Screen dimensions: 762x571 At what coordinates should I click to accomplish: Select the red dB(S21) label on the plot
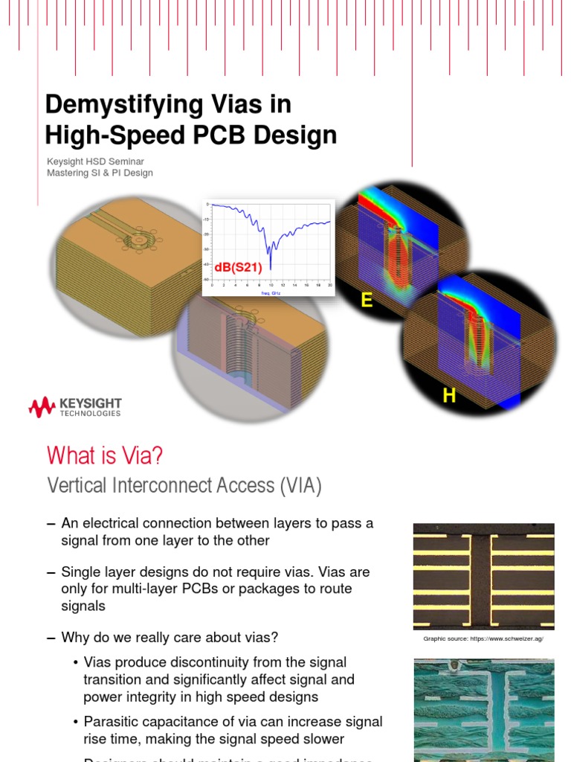(x=238, y=267)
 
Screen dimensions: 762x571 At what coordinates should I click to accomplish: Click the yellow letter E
(x=367, y=300)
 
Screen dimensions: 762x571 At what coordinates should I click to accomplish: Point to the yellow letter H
(x=449, y=396)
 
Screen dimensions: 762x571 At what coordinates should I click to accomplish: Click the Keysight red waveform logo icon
(x=42, y=407)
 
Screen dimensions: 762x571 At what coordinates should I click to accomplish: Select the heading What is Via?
(x=104, y=454)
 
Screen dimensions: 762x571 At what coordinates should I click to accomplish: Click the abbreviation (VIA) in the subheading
(x=300, y=486)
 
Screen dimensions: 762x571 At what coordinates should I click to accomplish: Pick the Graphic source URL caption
(x=483, y=639)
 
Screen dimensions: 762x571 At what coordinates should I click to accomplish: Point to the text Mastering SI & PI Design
(x=100, y=173)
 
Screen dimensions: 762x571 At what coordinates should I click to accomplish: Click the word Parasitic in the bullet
(x=110, y=722)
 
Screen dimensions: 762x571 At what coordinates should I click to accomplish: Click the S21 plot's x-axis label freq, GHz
(x=270, y=292)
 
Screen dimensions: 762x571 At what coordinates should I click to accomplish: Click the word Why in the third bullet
(x=75, y=638)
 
